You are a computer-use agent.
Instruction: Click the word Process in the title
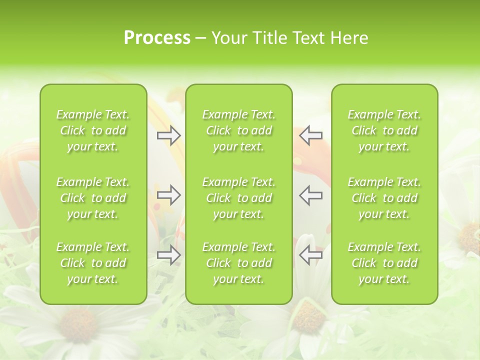click(157, 38)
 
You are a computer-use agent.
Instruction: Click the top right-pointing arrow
click(169, 135)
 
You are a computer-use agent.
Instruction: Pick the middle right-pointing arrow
click(169, 195)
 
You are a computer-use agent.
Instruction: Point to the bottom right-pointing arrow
click(169, 254)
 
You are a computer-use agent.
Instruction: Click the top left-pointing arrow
click(310, 135)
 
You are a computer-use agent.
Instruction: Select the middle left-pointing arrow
click(310, 195)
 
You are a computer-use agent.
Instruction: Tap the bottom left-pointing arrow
click(310, 254)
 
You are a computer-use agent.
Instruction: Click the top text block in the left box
click(93, 130)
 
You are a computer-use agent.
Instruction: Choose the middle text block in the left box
click(93, 198)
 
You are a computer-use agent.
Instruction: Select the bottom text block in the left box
click(93, 263)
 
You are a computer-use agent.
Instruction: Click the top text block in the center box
click(239, 130)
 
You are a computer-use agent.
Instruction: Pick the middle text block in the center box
click(239, 198)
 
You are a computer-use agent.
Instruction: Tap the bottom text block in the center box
click(239, 263)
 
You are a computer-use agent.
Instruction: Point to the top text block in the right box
click(384, 130)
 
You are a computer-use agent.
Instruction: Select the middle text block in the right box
click(384, 198)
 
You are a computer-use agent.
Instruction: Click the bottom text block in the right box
click(384, 263)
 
